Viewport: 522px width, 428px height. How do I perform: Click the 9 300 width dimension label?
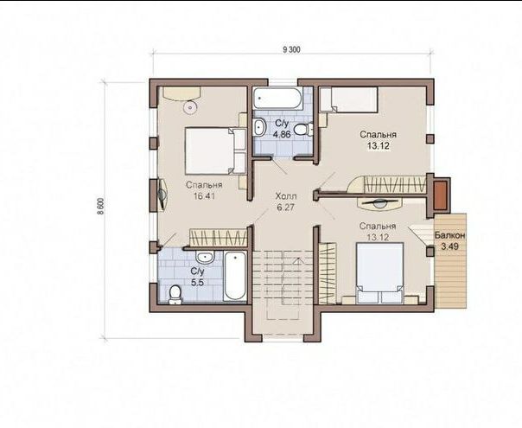coord(291,50)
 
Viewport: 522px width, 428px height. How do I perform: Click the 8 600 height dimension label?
coord(101,207)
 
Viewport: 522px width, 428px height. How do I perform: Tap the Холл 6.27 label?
coord(286,201)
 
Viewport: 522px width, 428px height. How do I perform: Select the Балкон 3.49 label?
coord(449,241)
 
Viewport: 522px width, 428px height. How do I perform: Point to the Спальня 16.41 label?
coord(204,190)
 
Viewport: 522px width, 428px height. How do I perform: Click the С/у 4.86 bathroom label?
coord(282,129)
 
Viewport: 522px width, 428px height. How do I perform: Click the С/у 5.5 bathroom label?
coord(197,277)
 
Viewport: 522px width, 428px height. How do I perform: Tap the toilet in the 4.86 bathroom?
coord(303,129)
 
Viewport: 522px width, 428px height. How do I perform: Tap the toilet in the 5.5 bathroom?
coord(175,295)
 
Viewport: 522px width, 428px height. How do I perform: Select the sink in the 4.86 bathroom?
coord(259,128)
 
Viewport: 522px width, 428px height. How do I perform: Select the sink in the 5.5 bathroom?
coord(205,258)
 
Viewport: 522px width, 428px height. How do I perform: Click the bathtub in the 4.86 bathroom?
coord(277,98)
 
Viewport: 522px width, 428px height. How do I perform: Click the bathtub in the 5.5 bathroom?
coord(235,276)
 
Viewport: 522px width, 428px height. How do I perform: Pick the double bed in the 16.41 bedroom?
coord(214,151)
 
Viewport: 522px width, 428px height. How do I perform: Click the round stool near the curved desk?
coord(190,107)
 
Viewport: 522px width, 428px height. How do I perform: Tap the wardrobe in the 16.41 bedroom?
coord(219,238)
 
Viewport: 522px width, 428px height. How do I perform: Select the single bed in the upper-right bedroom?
coord(348,99)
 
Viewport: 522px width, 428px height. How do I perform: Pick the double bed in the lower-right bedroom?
coord(380,273)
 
